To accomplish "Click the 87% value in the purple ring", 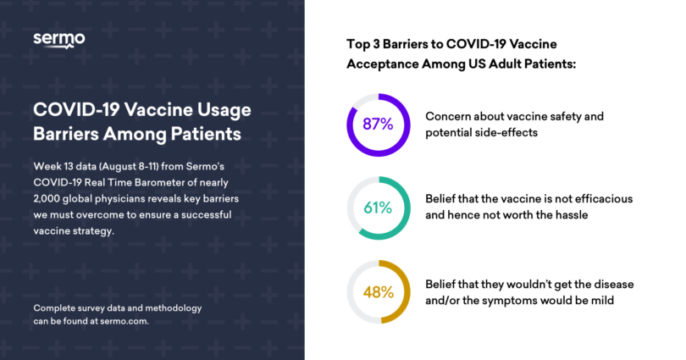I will (x=378, y=124).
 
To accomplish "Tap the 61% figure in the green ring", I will (x=378, y=208).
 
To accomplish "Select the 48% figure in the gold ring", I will (x=378, y=292).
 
